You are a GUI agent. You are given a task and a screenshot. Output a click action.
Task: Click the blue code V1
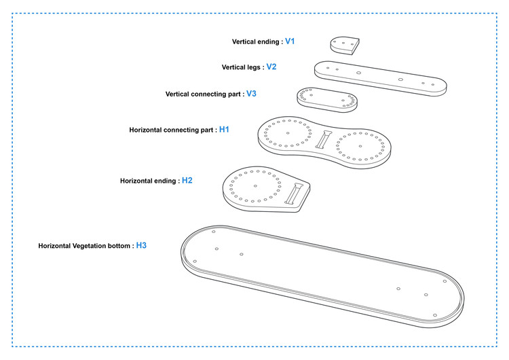(290, 41)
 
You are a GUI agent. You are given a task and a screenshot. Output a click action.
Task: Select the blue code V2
(271, 67)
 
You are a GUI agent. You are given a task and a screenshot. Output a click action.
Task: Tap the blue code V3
(251, 94)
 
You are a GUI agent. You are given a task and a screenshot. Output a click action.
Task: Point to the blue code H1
(225, 129)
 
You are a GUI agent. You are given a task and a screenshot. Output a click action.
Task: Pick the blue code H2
(187, 180)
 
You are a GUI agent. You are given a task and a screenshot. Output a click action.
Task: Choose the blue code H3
(141, 245)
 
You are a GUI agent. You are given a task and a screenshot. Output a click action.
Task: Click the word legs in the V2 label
(254, 67)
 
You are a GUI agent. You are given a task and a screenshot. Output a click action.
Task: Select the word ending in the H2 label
(165, 181)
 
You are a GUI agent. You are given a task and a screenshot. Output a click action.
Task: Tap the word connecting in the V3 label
(207, 94)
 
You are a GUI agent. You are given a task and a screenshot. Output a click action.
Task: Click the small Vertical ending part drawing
(345, 46)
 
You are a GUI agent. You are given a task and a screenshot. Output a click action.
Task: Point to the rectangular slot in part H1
(323, 139)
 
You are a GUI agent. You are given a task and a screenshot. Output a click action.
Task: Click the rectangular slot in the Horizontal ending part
(294, 194)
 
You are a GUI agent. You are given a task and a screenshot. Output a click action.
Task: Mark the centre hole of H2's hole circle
(255, 186)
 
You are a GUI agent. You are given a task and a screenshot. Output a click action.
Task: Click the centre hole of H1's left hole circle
(288, 133)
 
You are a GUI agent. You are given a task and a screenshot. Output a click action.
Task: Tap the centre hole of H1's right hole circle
(360, 146)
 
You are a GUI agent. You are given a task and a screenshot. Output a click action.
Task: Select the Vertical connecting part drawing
(327, 100)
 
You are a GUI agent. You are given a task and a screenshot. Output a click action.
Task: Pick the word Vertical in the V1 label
(244, 41)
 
